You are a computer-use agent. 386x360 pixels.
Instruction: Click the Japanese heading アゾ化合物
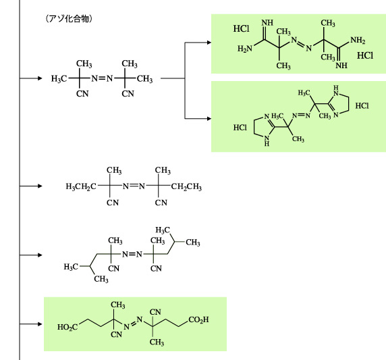point(69,19)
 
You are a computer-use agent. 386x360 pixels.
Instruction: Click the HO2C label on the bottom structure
point(67,327)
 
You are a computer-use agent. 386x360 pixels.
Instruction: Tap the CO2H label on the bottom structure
point(198,319)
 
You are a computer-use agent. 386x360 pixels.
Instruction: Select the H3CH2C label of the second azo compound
point(81,186)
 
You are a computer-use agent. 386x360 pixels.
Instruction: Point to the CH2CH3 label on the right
point(186,186)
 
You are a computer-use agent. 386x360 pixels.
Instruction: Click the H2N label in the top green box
point(245,49)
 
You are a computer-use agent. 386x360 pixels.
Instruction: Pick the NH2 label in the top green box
point(358,40)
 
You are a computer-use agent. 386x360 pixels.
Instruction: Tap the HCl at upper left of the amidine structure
point(242,28)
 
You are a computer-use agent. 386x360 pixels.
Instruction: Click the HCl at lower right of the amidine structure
point(365,55)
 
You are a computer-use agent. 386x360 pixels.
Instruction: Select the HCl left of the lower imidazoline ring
point(240,128)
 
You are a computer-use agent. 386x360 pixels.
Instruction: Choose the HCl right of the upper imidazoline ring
point(362,106)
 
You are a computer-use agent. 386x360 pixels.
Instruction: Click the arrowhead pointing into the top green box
point(209,43)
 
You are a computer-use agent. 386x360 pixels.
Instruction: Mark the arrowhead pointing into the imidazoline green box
point(209,118)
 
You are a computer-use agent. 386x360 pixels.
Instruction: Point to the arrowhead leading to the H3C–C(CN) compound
point(40,78)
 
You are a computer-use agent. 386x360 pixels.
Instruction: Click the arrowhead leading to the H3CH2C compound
point(40,186)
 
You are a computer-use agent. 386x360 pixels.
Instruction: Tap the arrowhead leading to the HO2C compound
point(40,324)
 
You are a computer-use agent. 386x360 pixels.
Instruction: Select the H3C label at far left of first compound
point(59,79)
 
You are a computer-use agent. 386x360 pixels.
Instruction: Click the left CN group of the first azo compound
point(82,94)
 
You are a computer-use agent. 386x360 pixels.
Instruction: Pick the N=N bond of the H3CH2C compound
point(134,186)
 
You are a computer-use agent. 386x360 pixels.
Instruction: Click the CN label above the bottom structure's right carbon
point(155,312)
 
